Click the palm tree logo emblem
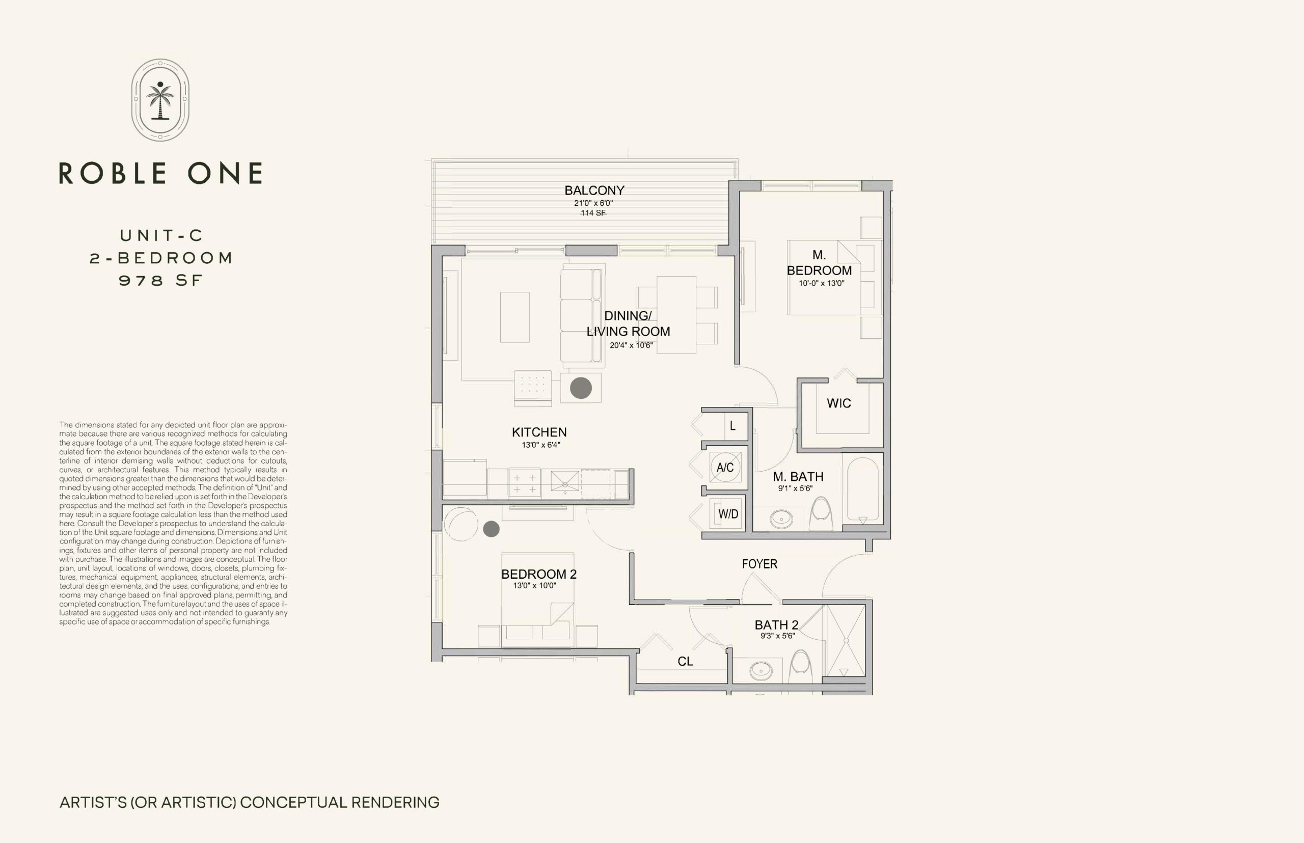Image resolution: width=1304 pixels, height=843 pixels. coord(160,100)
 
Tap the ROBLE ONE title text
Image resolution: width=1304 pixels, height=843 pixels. coord(160,173)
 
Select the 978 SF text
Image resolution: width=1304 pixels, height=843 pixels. coord(161,280)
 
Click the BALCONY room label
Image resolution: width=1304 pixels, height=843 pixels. coord(594,191)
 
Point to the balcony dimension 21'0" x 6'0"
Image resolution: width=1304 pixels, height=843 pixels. coord(593,203)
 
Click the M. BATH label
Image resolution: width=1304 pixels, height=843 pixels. coord(798,477)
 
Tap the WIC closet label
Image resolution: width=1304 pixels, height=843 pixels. coord(838,403)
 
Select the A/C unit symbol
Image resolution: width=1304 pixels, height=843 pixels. coord(725,467)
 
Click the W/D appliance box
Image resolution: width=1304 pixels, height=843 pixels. coord(728,513)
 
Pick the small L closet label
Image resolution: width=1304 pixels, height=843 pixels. coord(732,426)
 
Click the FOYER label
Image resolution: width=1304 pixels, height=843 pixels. coord(759,564)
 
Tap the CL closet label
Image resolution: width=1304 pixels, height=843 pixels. coord(686,662)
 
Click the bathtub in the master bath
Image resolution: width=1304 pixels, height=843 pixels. coord(863,489)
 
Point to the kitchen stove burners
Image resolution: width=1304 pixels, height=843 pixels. coord(525,483)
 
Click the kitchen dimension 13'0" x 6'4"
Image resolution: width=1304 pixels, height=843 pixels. coord(541,445)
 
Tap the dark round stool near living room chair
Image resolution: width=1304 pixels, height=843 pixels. coord(581,388)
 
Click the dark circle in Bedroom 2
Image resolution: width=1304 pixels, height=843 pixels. coord(491,529)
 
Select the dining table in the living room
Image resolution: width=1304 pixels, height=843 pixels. coord(676,314)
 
